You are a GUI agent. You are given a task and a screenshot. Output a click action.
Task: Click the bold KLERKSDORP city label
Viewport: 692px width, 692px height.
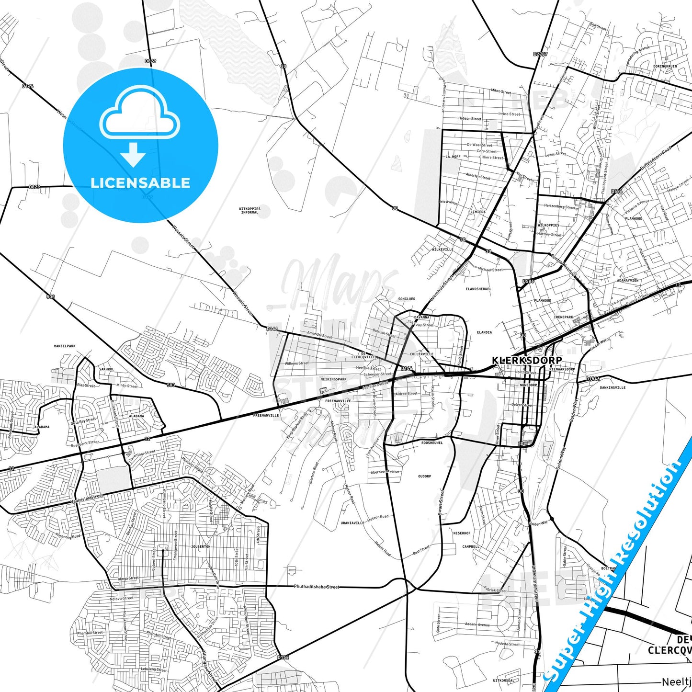[527, 360]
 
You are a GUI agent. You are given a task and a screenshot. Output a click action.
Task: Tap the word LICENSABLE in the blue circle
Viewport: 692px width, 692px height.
[140, 183]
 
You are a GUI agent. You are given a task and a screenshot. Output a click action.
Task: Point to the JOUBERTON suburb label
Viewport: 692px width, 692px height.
[200, 546]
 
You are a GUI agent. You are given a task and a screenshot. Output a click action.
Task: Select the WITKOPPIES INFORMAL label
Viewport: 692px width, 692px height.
[250, 211]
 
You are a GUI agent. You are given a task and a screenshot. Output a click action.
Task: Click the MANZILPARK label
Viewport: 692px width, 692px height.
[65, 346]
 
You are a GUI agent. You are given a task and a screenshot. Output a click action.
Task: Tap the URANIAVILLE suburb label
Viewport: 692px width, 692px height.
[352, 523]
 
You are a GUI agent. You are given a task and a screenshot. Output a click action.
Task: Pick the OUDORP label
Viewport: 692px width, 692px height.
[424, 476]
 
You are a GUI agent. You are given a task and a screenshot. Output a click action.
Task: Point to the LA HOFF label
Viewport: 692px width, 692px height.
[453, 157]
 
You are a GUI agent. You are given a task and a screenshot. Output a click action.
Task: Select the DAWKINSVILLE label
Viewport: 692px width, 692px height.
[613, 387]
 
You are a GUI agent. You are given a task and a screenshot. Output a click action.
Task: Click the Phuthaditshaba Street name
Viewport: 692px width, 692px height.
[317, 587]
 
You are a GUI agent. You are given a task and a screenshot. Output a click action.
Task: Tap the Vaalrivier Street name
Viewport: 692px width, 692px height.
[87, 499]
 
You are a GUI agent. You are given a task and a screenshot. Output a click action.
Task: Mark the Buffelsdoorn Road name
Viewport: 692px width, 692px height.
[656, 158]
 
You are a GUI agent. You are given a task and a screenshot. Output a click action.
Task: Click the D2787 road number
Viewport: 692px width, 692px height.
[540, 54]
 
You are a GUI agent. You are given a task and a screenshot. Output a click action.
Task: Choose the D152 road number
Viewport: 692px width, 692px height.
[283, 658]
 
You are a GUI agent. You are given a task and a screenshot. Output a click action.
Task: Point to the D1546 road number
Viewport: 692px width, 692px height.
[592, 379]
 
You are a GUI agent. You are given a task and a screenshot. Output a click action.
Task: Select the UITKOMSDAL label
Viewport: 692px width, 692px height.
[503, 680]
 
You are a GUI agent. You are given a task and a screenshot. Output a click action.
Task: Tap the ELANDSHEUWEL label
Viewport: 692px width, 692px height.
[478, 289]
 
